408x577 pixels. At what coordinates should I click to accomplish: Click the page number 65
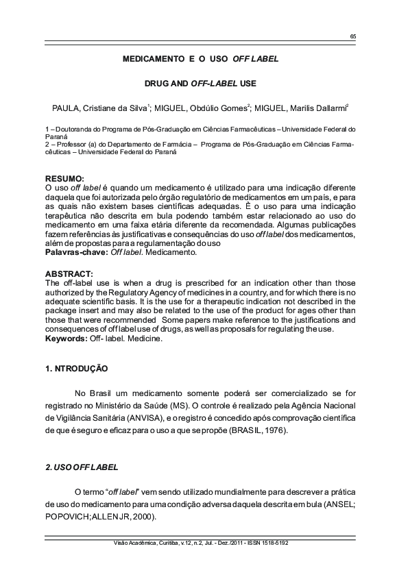pos(352,36)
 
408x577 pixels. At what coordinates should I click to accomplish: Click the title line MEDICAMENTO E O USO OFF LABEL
pos(200,60)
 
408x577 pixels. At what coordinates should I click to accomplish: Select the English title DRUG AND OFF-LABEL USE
pos(200,85)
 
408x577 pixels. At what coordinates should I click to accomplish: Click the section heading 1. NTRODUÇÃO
pos(76,368)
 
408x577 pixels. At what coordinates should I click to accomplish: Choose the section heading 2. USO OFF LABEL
pos(82,467)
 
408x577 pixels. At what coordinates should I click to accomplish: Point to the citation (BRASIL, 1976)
pos(260,430)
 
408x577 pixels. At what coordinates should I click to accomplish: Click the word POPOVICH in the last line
pos(71,517)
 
